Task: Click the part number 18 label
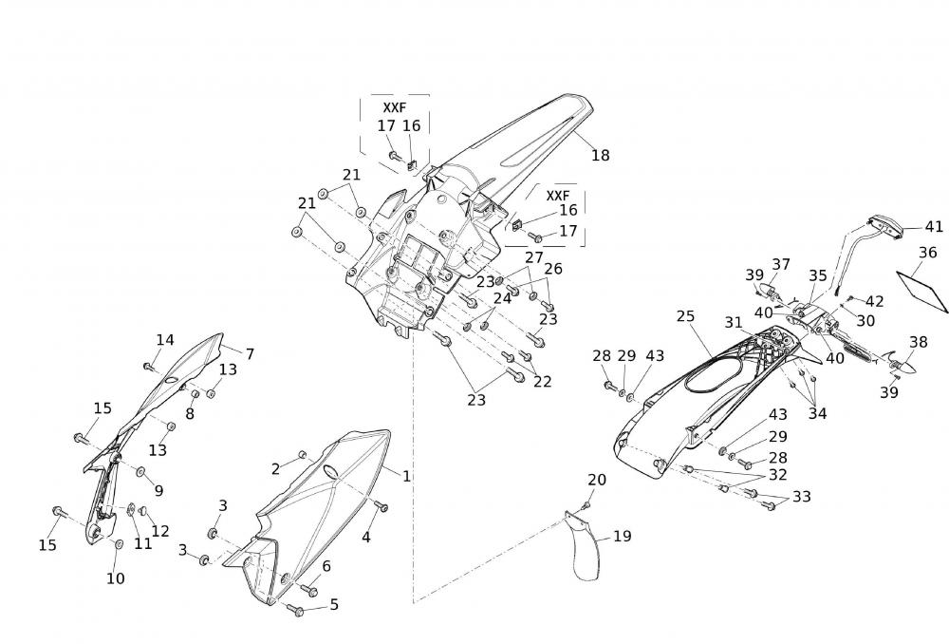[x=600, y=156]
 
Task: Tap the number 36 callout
[x=927, y=253]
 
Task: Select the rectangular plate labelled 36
[x=926, y=291]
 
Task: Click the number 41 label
[x=934, y=227]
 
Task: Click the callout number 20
[x=596, y=480]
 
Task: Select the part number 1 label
[x=406, y=475]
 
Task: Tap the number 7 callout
[x=250, y=353]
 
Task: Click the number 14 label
[x=165, y=340]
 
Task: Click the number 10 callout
[x=114, y=578]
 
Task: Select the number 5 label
[x=333, y=604]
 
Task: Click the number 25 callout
[x=685, y=316]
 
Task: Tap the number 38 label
[x=918, y=342]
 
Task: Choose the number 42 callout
[x=874, y=301]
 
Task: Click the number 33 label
[x=801, y=497]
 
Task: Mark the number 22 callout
[x=542, y=381]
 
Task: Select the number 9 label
[x=158, y=490]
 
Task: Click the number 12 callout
[x=160, y=531]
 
